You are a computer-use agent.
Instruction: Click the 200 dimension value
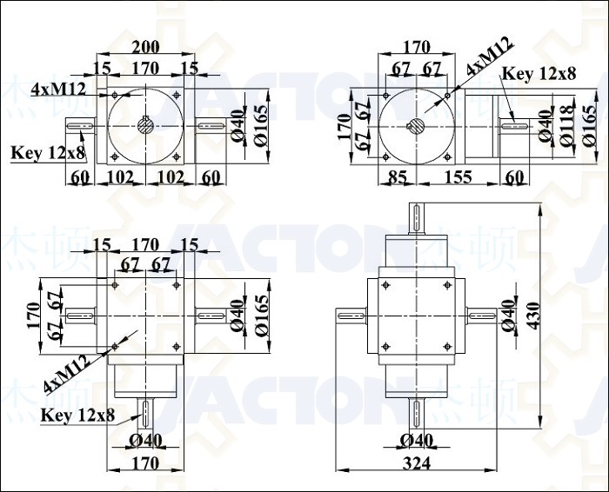pos(145,47)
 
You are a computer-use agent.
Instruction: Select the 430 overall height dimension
pos(534,316)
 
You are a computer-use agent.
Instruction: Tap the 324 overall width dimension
pos(417,463)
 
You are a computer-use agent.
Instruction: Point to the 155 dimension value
pos(458,177)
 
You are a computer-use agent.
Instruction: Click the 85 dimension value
pos(398,177)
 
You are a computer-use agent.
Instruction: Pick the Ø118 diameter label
pos(568,125)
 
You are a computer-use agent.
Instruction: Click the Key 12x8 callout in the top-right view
pos(539,73)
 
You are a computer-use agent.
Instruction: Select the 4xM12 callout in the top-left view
pos(58,90)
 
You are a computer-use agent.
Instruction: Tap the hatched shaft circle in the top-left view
pos(145,125)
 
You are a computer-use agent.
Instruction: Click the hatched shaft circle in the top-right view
pos(417,127)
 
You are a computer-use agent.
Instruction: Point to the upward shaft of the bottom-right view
pos(417,218)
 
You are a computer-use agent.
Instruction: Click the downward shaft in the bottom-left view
pos(145,414)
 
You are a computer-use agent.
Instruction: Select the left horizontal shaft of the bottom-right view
pos(351,316)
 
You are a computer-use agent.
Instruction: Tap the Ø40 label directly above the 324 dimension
pos(417,441)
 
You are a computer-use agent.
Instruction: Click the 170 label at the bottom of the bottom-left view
pos(145,463)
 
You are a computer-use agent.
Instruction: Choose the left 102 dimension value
pos(120,177)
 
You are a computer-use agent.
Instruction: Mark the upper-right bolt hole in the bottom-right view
pos(447,285)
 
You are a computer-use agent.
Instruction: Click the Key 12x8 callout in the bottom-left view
pos(78,416)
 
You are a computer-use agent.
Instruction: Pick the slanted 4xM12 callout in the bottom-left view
pos(67,374)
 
